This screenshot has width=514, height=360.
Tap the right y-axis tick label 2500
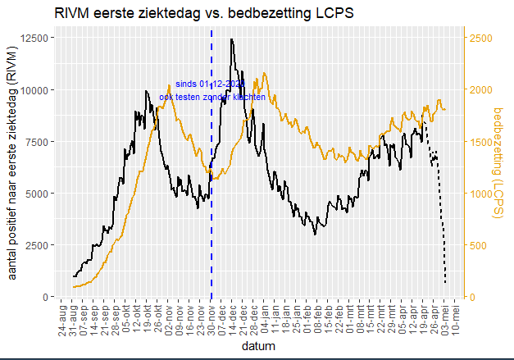482,39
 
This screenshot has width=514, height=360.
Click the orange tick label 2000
482,90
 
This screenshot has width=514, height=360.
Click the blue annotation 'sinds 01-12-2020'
210,84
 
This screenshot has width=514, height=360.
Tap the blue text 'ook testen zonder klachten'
212,97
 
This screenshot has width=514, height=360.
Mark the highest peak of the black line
232,39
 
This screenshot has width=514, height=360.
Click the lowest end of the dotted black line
445,284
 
